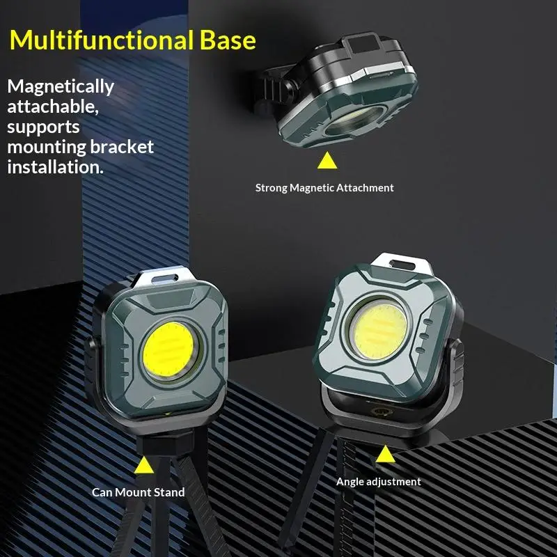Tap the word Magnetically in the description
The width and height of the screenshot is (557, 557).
click(x=61, y=87)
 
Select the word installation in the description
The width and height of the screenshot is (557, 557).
click(x=55, y=167)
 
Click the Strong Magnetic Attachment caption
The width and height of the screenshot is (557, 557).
click(x=324, y=187)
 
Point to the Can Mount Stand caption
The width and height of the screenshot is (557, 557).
click(x=139, y=492)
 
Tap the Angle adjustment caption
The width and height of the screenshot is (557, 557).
click(x=378, y=481)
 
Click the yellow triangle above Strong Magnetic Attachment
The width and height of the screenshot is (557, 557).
click(x=326, y=162)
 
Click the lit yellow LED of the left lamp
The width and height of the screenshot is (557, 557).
click(x=169, y=349)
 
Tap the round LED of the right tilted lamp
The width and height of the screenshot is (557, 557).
click(x=377, y=328)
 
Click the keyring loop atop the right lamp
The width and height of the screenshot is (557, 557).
click(x=400, y=265)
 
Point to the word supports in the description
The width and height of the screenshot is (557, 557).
click(x=44, y=127)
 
